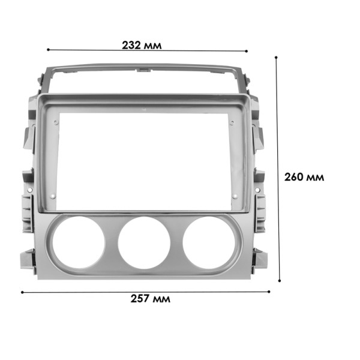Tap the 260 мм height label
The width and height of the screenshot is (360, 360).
[x=304, y=177]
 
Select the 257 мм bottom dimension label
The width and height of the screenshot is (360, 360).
[x=150, y=299]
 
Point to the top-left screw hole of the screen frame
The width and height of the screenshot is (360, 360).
[x=56, y=122]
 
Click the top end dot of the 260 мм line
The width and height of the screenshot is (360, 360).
[x=276, y=58]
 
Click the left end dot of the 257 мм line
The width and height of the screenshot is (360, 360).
[x=22, y=292]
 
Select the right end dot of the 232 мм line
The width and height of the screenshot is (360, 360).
[x=247, y=52]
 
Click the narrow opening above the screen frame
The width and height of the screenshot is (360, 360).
[x=144, y=82]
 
